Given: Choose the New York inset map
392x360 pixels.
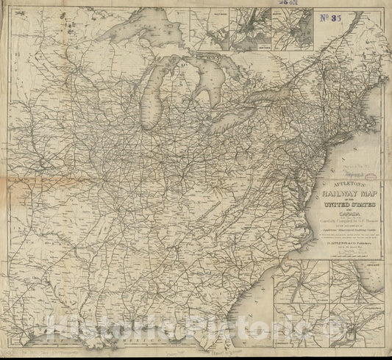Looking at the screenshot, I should (x=250, y=29).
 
